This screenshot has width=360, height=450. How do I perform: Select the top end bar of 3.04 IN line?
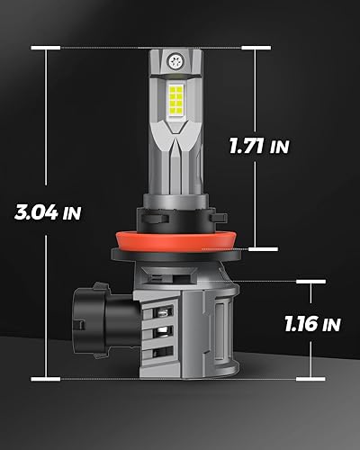(49, 47)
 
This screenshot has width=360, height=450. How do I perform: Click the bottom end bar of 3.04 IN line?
(49, 378)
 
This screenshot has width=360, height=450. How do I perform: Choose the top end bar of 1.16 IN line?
(311, 281)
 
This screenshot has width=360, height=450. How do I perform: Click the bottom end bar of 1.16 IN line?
(311, 378)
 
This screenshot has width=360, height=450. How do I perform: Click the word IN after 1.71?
(279, 147)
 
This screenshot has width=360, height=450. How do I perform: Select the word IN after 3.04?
(73, 215)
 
